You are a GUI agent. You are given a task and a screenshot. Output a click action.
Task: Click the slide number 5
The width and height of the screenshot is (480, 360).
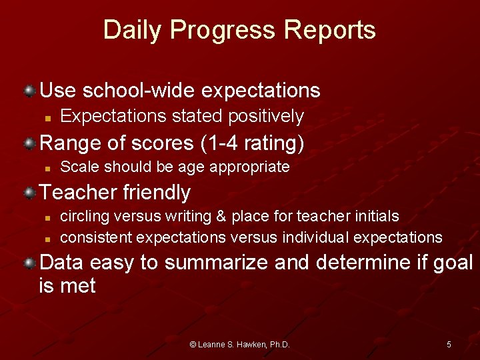point(449,345)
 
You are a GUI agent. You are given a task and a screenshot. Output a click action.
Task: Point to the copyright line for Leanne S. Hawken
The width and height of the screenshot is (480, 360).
point(239,345)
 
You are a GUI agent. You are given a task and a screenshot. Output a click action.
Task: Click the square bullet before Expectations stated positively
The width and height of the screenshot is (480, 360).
point(49,117)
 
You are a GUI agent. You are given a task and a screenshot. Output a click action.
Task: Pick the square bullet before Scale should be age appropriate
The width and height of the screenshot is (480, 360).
point(49,167)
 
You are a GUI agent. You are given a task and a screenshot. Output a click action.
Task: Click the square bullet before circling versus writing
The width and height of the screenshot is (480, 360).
point(49,217)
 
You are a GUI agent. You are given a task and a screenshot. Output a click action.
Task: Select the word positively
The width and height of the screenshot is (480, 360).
point(266,116)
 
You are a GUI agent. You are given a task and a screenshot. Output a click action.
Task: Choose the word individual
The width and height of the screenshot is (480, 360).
point(316,237)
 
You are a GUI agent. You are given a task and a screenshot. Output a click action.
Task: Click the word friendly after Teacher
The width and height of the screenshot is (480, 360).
point(157,193)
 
